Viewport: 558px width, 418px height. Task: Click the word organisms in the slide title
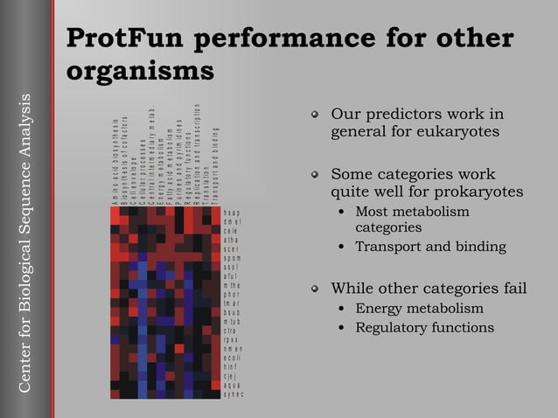click(141, 69)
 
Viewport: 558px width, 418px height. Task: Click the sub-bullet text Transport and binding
click(430, 247)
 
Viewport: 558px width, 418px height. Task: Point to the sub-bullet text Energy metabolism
click(419, 308)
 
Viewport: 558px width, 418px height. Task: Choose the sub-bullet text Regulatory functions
click(424, 328)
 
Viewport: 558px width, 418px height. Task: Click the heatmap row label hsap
click(233, 212)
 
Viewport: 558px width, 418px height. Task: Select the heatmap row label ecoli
click(233, 358)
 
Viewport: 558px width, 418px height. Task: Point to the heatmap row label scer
click(233, 249)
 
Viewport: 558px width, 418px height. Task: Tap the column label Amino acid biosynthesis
click(115, 162)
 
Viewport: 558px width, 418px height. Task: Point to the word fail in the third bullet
click(513, 289)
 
